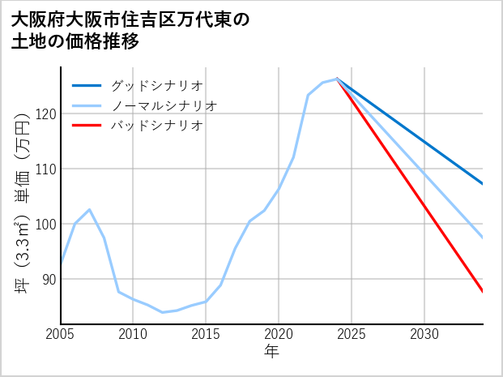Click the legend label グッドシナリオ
(156, 85)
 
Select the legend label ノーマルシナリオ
(164, 105)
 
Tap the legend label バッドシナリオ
(156, 126)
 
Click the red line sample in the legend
(87, 126)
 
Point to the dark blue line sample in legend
(87, 85)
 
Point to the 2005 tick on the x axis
(61, 334)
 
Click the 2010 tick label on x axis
(134, 334)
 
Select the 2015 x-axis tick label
(206, 334)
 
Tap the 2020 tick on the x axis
(279, 334)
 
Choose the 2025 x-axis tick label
(352, 334)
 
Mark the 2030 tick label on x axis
(424, 334)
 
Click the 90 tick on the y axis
(46, 279)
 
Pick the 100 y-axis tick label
(43, 224)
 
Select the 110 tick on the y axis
(43, 169)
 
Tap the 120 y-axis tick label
(43, 114)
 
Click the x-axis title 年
(271, 352)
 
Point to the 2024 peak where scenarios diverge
(337, 79)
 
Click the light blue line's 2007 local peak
(89, 209)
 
